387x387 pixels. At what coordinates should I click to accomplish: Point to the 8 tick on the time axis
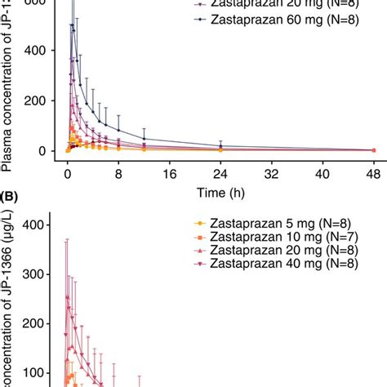point(118,174)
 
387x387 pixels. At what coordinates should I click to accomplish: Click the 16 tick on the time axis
point(170,174)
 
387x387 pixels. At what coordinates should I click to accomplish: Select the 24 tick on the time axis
point(220,174)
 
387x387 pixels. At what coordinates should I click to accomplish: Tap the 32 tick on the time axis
point(272,174)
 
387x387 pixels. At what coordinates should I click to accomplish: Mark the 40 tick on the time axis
point(323,174)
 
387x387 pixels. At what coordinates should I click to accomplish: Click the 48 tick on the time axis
point(374,174)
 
